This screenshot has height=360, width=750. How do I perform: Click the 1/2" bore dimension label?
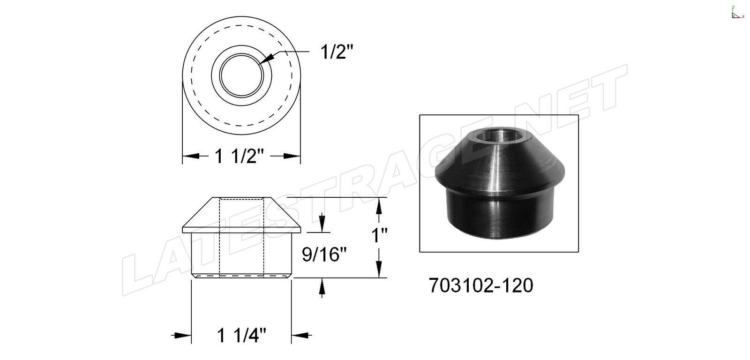(337, 52)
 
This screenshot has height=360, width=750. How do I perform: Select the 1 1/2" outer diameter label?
(239, 156)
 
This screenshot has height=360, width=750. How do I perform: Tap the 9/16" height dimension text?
(324, 255)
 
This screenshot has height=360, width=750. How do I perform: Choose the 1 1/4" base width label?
(241, 335)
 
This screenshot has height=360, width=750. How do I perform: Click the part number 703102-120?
(481, 285)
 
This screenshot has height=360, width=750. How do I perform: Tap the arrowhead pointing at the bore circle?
(266, 59)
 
